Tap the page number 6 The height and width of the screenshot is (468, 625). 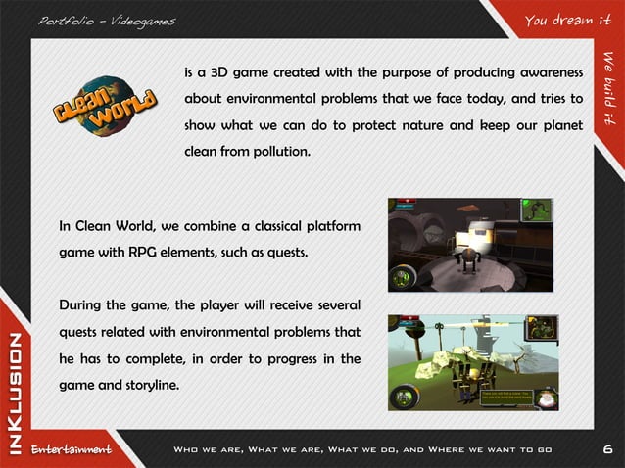tap(607, 449)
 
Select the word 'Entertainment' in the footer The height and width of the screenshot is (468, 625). tap(71, 449)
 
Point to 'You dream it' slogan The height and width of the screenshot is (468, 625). tap(561, 20)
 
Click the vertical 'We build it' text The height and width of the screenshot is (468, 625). tap(608, 87)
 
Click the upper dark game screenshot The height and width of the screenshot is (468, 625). tap(470, 245)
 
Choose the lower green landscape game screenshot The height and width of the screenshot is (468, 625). tap(473, 361)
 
